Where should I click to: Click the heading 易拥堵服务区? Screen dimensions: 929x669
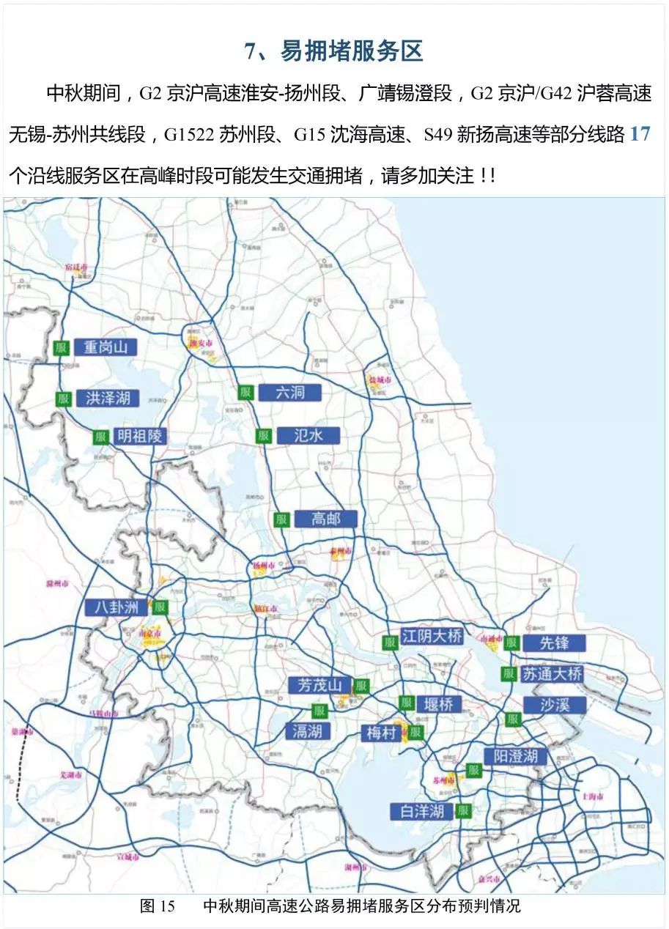[334, 51]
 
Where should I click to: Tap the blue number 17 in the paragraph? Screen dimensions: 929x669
[640, 135]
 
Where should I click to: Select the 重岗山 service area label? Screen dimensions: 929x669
[106, 347]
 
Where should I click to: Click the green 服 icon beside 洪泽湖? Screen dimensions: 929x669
[64, 399]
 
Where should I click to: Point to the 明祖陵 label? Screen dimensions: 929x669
[140, 437]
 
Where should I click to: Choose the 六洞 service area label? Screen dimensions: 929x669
[289, 392]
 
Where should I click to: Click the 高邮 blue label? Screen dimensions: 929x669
[325, 519]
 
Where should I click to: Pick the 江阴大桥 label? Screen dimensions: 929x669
[432, 636]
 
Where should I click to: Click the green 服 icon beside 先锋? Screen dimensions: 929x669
[511, 643]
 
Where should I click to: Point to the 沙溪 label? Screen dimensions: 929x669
[555, 705]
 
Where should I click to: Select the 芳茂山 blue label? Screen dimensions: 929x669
[320, 686]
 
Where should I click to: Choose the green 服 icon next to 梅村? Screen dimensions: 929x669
[415, 732]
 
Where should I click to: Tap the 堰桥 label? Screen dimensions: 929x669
[439, 704]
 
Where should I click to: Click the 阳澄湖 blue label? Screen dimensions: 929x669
[515, 756]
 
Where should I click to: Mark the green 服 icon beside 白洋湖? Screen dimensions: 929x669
[462, 810]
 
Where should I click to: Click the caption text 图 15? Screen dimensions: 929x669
[158, 906]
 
